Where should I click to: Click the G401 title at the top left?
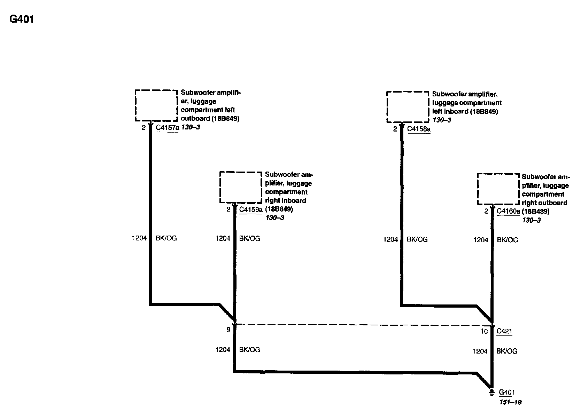click(22, 19)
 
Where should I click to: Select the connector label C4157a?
click(167, 128)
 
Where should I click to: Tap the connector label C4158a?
click(419, 129)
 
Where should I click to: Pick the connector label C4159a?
click(251, 209)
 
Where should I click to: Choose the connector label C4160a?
click(508, 211)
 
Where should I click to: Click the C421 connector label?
click(504, 331)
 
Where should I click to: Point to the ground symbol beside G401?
click(491, 393)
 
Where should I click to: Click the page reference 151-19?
click(510, 402)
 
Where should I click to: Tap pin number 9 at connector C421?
click(228, 330)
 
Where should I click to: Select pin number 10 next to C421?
click(484, 331)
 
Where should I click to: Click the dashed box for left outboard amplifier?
click(156, 106)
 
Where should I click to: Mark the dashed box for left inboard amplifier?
click(408, 107)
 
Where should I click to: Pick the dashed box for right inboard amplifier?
click(240, 187)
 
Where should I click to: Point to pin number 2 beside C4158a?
click(395, 129)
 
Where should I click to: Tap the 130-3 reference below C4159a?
click(275, 218)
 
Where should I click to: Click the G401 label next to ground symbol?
click(507, 393)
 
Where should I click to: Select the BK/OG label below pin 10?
click(507, 351)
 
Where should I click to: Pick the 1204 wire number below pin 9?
click(223, 350)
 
